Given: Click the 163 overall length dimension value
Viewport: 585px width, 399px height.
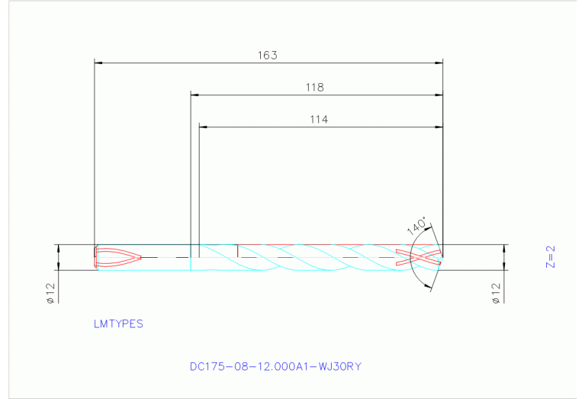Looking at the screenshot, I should pyautogui.click(x=267, y=56).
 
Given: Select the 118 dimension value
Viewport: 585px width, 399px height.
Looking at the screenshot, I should pyautogui.click(x=315, y=88).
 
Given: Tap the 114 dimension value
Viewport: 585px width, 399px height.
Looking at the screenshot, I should pyautogui.click(x=319, y=119).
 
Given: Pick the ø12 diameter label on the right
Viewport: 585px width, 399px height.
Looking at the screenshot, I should pyautogui.click(x=496, y=293).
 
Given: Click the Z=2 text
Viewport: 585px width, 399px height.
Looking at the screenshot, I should pyautogui.click(x=550, y=257).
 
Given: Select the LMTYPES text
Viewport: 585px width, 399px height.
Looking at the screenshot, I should pyautogui.click(x=118, y=323).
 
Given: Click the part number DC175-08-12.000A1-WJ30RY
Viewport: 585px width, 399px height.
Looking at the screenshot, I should pyautogui.click(x=275, y=366).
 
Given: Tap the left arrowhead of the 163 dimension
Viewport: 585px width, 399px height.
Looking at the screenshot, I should pyautogui.click(x=97, y=63).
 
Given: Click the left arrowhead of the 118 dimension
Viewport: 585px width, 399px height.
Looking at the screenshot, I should pyautogui.click(x=194, y=95).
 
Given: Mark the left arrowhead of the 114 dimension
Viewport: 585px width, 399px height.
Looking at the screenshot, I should pyautogui.click(x=203, y=127).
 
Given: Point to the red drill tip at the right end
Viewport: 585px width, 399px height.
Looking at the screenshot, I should pyautogui.click(x=424, y=258).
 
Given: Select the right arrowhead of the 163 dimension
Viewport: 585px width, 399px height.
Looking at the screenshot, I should pyautogui.click(x=439, y=63).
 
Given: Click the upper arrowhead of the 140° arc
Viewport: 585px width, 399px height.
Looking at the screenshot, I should pyautogui.click(x=429, y=227).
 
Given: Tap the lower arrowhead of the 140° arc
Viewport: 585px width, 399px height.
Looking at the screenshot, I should pyautogui.click(x=429, y=288).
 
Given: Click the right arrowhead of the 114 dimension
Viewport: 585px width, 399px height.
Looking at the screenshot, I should pyautogui.click(x=439, y=127).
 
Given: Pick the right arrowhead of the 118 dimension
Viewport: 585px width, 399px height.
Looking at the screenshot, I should pyautogui.click(x=439, y=95).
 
